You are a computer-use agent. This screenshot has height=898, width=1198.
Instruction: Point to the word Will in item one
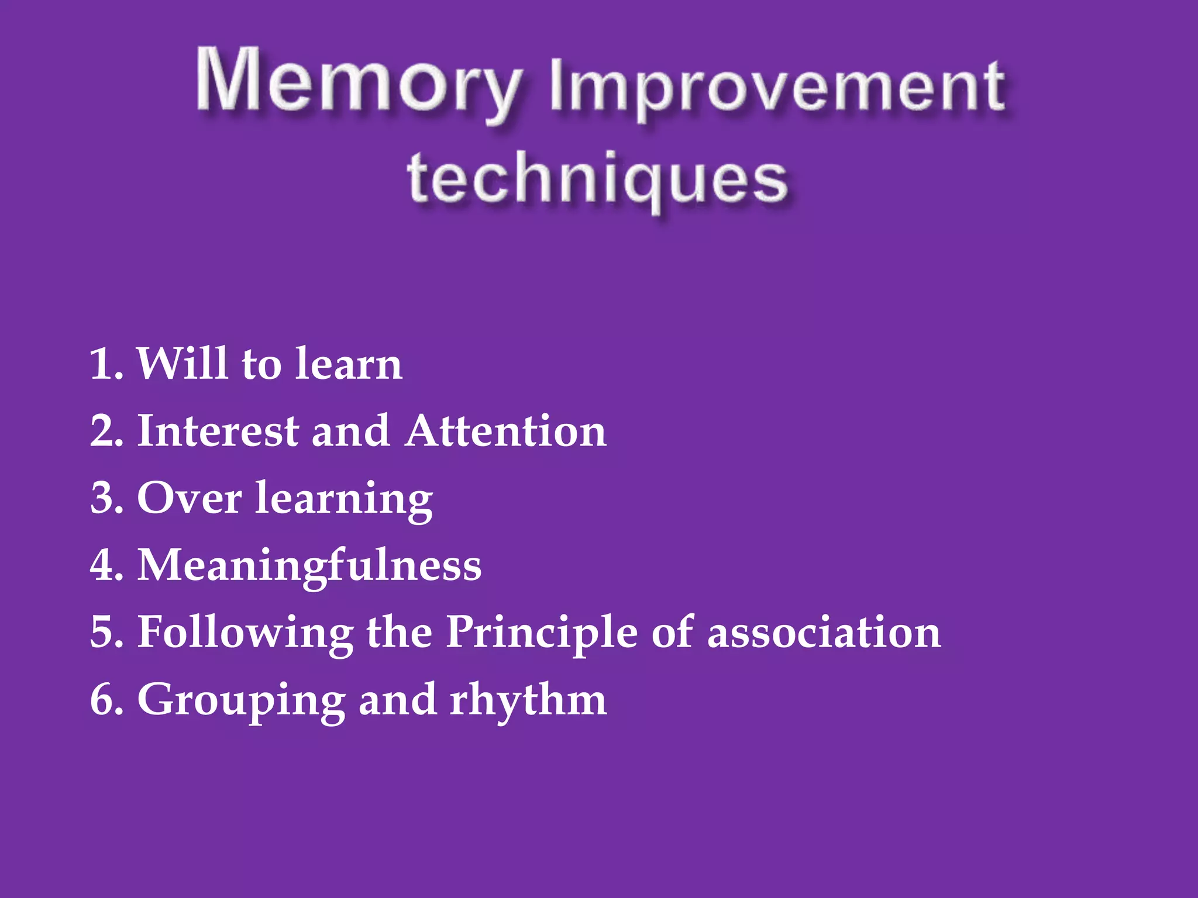point(182,363)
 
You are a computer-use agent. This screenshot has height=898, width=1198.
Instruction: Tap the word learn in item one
point(349,364)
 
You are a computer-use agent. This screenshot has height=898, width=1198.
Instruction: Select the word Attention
point(506,431)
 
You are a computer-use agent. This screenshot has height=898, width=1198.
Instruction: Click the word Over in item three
point(189,499)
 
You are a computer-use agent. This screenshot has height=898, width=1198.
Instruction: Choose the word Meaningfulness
point(309,566)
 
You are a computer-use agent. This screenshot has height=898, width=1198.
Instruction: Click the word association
point(824,633)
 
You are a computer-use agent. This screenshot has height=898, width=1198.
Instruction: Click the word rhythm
point(528,700)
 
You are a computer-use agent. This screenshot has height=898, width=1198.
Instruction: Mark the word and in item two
point(350,431)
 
